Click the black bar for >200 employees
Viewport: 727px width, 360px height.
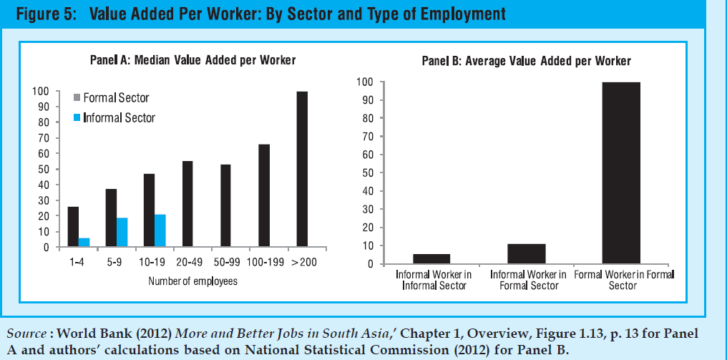[x=302, y=170]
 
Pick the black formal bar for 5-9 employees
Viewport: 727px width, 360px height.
[x=111, y=218]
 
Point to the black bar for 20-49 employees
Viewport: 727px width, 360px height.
[x=187, y=205]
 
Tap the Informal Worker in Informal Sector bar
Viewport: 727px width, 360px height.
[x=431, y=259]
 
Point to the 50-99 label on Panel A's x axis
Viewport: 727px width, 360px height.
[x=225, y=263]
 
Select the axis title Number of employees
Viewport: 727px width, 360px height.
[x=192, y=281]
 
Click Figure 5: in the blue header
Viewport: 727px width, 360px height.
[x=46, y=14]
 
